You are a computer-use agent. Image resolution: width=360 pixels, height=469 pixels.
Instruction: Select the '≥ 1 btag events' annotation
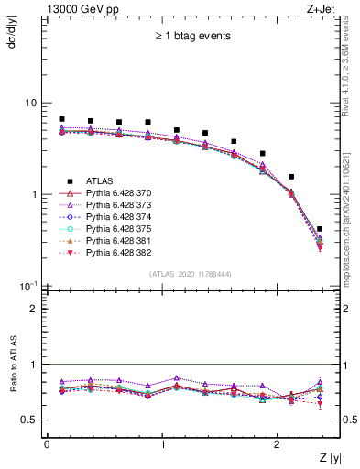pos(191,37)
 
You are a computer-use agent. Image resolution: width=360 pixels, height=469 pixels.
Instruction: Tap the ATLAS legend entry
pos(99,180)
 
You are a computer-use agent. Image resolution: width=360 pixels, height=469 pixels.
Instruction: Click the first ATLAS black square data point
pos(61,119)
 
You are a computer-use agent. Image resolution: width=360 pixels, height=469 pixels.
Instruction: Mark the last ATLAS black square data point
pos(319,229)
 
